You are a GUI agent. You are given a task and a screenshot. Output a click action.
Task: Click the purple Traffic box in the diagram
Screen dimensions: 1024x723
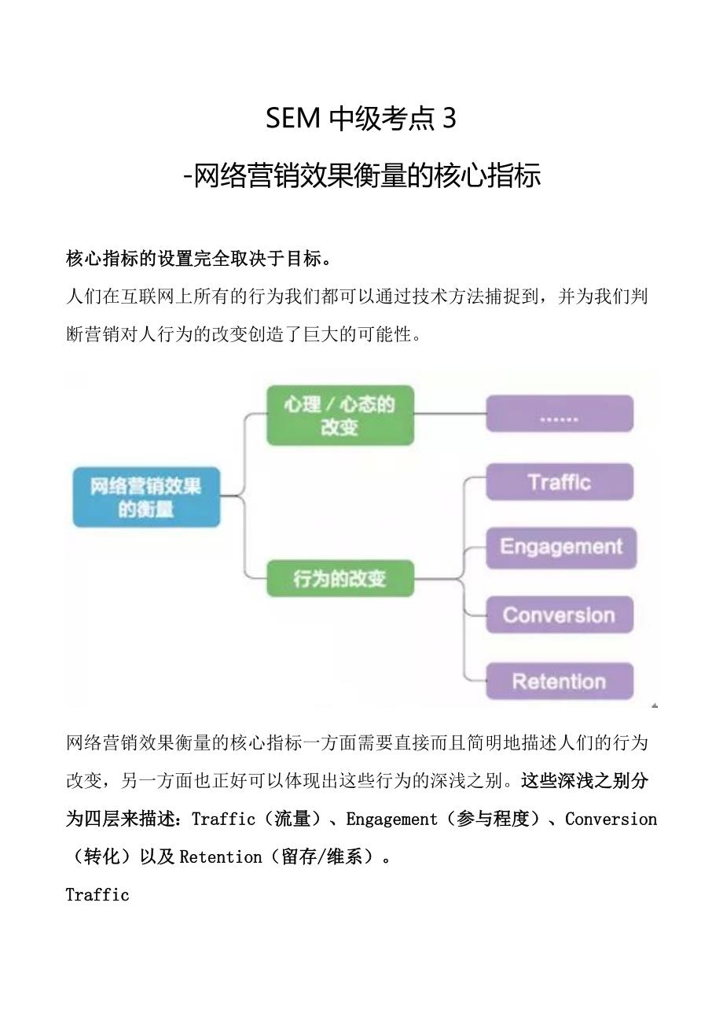tap(560, 482)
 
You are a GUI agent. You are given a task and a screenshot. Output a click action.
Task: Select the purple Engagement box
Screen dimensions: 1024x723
tap(560, 547)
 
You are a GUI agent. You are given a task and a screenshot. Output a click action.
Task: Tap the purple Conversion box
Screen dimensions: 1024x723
tap(559, 615)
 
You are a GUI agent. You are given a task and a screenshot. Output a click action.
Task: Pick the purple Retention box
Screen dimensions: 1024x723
tap(559, 681)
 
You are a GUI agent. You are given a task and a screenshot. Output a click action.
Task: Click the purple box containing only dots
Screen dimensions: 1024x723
tap(559, 414)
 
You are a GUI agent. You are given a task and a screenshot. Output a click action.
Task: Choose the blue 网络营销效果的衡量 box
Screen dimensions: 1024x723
tap(147, 497)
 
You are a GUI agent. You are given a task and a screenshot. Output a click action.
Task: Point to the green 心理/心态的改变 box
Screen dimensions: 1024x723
tap(339, 415)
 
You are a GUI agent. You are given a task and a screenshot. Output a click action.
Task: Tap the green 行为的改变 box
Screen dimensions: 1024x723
tap(339, 579)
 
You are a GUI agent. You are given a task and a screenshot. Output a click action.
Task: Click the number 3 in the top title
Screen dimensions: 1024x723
tap(450, 119)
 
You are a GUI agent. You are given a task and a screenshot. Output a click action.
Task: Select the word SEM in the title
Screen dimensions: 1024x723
tap(293, 119)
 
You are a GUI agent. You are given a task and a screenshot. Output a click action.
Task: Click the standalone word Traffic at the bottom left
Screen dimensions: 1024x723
tap(97, 895)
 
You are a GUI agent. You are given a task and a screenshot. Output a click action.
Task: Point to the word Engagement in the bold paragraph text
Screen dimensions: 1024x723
tap(391, 820)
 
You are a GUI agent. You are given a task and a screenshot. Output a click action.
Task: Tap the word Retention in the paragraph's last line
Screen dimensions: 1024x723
tap(220, 857)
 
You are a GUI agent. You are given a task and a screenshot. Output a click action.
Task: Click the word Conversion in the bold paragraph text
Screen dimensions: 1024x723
tap(611, 820)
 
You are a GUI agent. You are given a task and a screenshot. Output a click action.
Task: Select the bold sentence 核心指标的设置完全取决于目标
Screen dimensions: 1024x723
tap(199, 259)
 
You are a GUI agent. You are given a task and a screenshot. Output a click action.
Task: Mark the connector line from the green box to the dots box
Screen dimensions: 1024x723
tap(450, 414)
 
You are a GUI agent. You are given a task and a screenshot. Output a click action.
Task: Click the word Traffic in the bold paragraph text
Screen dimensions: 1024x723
tap(223, 820)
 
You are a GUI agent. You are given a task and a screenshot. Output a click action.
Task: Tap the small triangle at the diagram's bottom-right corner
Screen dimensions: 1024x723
tap(655, 705)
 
